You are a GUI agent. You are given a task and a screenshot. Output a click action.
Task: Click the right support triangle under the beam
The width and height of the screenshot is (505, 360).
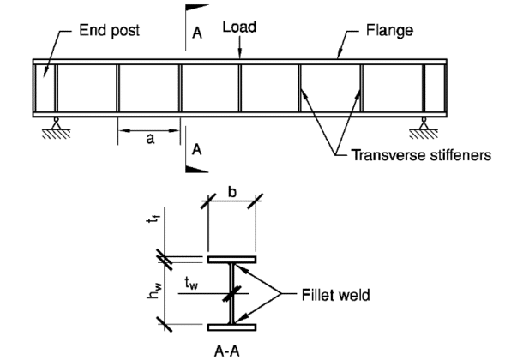tap(424, 124)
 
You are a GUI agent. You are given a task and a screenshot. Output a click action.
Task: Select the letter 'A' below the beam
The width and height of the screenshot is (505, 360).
tap(197, 148)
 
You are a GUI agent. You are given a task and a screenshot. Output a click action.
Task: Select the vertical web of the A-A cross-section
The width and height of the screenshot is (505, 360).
tap(231, 292)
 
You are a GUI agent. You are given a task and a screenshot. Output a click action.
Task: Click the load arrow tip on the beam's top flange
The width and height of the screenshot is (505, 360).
tap(240, 57)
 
